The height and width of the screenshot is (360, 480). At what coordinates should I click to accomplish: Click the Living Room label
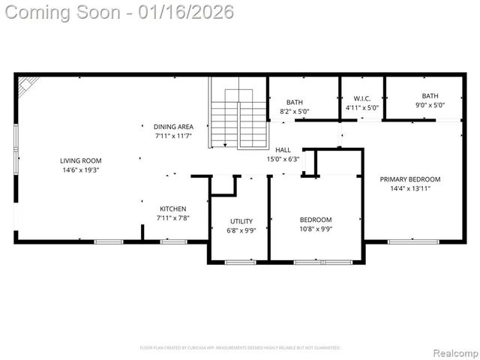coord(81,160)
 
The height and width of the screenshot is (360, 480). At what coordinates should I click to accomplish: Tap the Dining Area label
coord(173,127)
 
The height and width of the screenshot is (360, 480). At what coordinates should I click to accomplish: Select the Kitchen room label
coord(173,208)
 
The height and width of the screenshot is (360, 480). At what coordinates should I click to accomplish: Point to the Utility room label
coord(241,221)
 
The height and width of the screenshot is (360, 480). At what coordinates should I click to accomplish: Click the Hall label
coord(283,150)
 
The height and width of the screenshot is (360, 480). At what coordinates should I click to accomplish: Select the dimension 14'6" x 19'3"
coord(81,170)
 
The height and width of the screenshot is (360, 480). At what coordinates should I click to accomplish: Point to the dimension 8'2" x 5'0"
coord(295,112)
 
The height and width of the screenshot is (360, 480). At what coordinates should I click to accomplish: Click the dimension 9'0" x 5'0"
coord(430,105)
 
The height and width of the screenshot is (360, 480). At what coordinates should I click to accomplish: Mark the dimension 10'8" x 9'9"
coord(316,229)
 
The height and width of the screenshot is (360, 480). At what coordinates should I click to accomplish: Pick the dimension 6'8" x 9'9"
coord(241,231)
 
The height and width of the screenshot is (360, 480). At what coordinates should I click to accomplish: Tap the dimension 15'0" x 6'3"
coord(283,159)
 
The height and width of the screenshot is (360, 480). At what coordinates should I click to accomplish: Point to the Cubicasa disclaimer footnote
coord(240,348)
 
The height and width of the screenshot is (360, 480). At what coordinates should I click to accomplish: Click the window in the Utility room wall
coord(240,262)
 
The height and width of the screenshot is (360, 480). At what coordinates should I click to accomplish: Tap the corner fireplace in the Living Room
coord(27,85)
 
